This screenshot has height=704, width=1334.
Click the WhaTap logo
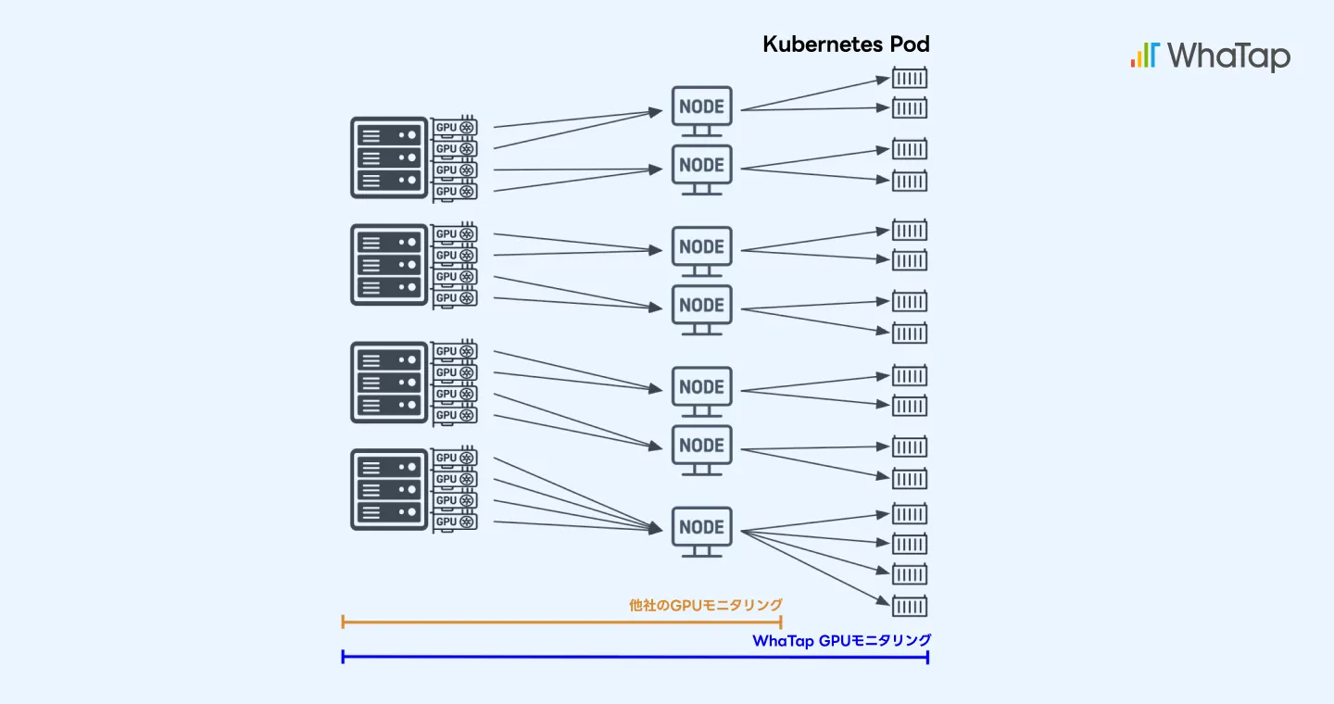click(x=1211, y=57)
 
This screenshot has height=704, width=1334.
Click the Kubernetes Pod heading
click(x=846, y=44)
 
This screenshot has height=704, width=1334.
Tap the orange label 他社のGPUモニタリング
click(x=706, y=605)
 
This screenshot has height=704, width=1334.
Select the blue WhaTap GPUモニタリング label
click(x=841, y=640)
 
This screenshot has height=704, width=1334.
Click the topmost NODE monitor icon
click(x=701, y=111)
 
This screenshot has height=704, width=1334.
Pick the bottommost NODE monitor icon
click(x=701, y=532)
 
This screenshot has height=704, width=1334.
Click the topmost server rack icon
click(x=389, y=157)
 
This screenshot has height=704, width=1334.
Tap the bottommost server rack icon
click(x=389, y=490)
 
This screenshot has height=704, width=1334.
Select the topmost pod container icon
click(x=910, y=78)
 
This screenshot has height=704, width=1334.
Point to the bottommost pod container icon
click(x=910, y=606)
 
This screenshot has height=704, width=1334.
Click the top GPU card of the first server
click(x=454, y=127)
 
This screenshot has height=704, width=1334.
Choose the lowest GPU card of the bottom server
click(x=454, y=522)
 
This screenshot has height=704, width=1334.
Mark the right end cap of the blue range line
click(x=928, y=657)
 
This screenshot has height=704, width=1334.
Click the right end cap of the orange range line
click(x=781, y=622)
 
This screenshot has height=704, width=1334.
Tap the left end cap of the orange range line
click(x=343, y=622)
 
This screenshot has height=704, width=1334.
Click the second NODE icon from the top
click(x=701, y=170)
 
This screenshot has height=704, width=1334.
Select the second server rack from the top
click(x=389, y=265)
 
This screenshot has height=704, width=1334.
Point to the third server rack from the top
click(x=389, y=383)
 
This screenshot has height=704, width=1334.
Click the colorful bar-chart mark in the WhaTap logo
click(x=1145, y=55)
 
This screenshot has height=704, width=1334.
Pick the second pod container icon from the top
click(x=910, y=107)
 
